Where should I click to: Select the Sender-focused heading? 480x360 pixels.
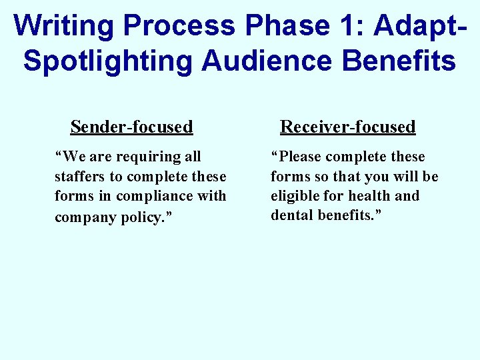click(x=131, y=127)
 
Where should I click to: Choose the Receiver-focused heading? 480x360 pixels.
click(x=347, y=127)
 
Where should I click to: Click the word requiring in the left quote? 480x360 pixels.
click(x=140, y=157)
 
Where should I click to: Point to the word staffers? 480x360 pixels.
click(x=77, y=177)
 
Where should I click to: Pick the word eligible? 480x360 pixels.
click(x=293, y=196)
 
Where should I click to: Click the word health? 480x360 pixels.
click(x=371, y=196)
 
